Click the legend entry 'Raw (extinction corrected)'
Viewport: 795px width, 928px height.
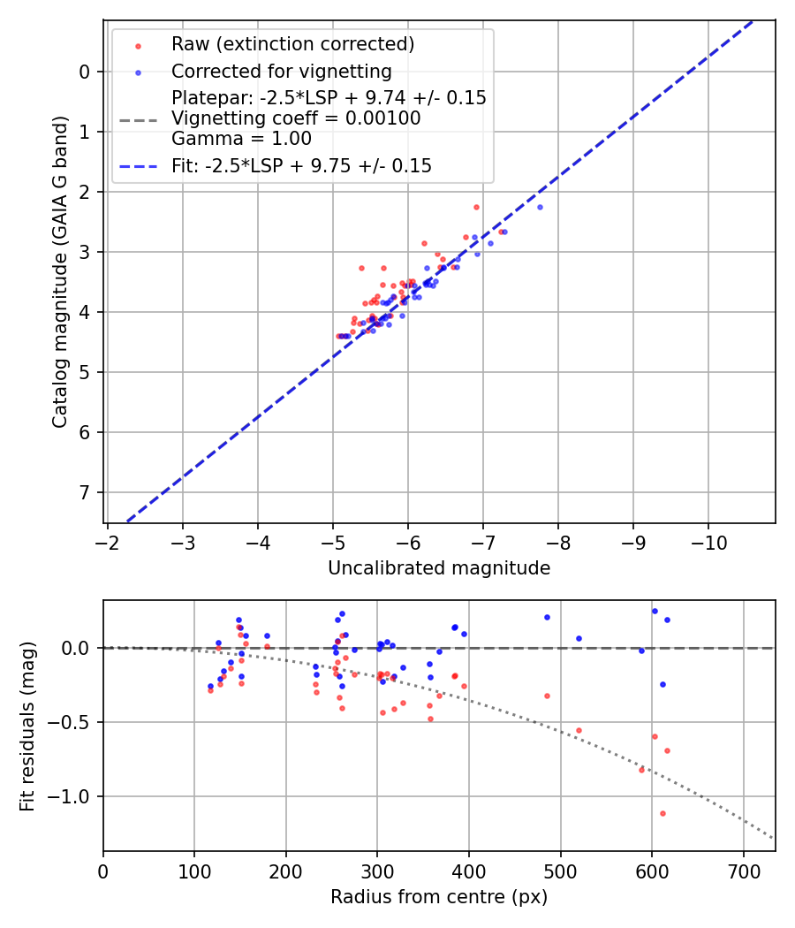[292, 44]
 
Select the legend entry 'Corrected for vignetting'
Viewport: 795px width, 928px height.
[281, 71]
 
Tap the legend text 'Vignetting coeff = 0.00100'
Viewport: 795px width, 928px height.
[296, 118]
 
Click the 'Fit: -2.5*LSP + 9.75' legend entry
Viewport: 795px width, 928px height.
[301, 165]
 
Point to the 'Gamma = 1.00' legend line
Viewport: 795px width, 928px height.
[241, 139]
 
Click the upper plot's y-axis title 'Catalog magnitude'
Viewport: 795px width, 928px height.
[59, 289]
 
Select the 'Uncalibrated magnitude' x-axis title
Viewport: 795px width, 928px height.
[439, 568]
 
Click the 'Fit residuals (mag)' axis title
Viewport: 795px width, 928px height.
[27, 726]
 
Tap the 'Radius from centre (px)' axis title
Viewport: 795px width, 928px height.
[439, 897]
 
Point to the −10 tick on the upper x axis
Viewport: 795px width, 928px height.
[708, 539]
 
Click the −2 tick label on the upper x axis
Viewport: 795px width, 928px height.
[107, 539]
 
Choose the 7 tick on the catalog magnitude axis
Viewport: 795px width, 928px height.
[84, 492]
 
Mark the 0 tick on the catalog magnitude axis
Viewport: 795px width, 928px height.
[84, 72]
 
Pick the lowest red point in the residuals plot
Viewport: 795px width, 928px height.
[662, 813]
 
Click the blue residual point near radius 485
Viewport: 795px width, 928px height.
[547, 617]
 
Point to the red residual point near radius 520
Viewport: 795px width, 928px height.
[579, 730]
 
